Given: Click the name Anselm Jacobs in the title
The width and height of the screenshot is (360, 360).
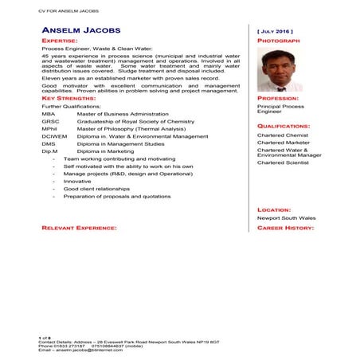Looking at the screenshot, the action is click(x=81, y=30).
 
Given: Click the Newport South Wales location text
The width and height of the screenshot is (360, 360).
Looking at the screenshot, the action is click(x=286, y=217).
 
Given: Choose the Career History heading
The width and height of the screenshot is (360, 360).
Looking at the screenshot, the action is click(x=285, y=229).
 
